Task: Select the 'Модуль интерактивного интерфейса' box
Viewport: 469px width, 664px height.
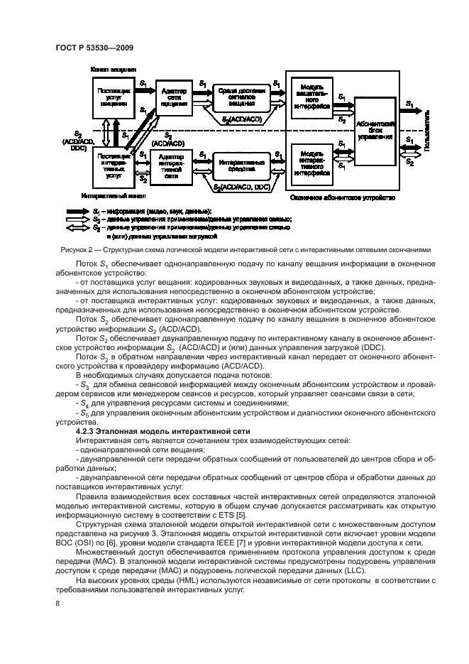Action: (312, 163)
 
